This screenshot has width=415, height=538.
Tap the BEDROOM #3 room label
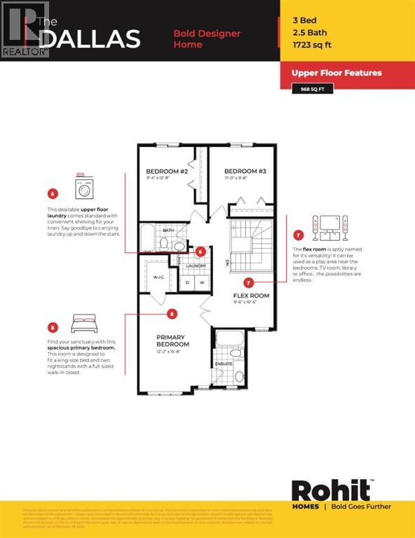[x=243, y=171]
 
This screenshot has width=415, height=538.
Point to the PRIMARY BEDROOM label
[x=172, y=340]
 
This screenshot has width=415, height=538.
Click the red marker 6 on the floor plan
[x=200, y=251]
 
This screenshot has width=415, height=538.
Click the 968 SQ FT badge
[x=312, y=88]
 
